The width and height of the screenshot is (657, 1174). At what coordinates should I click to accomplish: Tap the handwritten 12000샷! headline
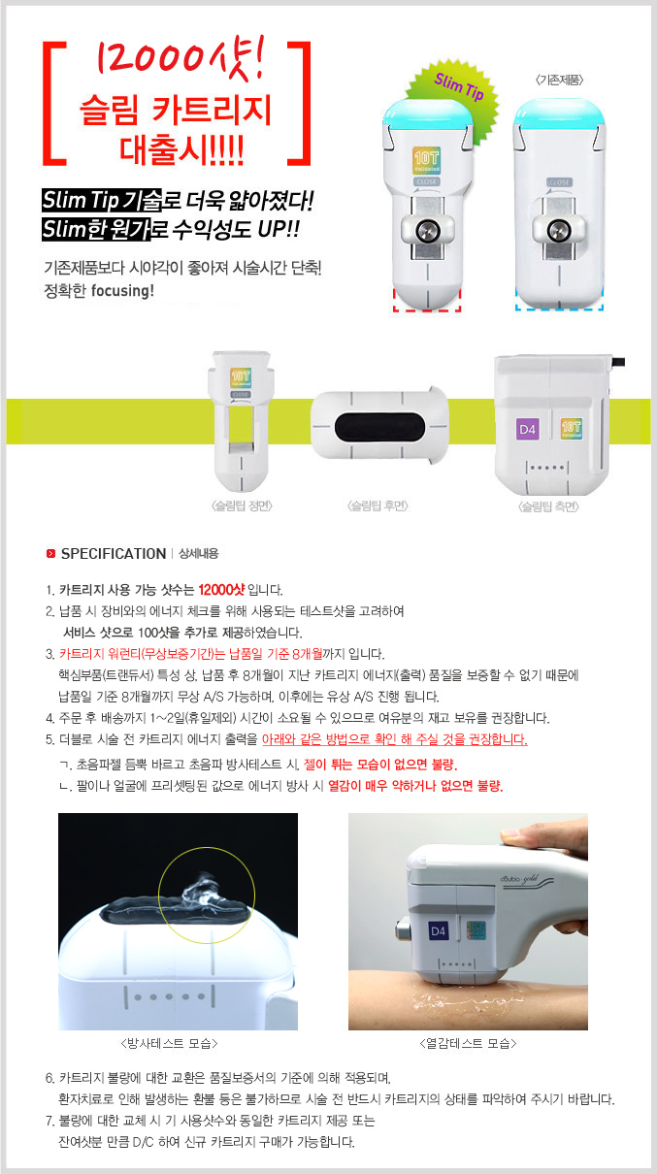tap(178, 56)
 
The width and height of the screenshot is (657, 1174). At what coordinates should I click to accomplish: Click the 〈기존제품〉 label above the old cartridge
tap(559, 80)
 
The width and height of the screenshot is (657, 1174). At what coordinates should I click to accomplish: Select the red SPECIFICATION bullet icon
tap(50, 553)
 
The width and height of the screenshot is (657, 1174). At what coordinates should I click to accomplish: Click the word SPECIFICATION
tap(114, 553)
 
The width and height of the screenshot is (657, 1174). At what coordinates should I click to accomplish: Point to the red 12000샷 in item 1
tap(221, 590)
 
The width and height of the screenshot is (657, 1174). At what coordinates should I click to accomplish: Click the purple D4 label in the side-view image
tap(527, 429)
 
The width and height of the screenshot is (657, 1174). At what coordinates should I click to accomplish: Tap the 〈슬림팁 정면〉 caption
tap(242, 505)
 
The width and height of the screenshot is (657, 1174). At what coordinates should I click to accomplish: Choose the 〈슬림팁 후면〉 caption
tap(378, 505)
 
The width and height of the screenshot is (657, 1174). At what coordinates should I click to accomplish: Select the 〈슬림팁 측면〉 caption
tap(548, 506)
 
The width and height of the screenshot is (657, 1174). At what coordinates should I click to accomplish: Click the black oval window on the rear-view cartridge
tap(379, 427)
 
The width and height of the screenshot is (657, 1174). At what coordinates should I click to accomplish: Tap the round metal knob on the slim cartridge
tap(427, 231)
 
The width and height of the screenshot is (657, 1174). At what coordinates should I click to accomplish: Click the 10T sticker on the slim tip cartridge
tap(426, 160)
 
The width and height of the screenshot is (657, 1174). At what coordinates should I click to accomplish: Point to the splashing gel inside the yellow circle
tap(197, 893)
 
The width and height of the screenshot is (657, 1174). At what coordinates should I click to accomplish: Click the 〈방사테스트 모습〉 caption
tap(169, 1043)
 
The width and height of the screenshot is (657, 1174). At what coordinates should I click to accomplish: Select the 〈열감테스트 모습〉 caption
tap(468, 1043)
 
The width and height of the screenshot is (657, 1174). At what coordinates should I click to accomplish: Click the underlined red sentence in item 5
tap(394, 739)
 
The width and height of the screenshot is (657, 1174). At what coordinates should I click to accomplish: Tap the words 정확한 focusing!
tap(99, 290)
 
